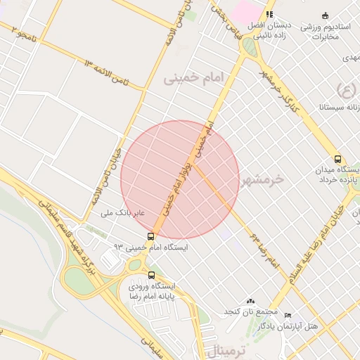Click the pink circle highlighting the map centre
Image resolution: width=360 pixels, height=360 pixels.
(x=180, y=179)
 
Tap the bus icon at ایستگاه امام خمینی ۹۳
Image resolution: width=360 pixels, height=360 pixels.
(x=151, y=236)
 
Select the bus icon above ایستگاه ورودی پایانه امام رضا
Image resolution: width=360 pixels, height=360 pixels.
(x=152, y=275)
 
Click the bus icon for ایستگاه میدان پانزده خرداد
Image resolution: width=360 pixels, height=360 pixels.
(x=338, y=160)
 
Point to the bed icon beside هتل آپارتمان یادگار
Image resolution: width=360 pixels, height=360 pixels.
(x=288, y=316)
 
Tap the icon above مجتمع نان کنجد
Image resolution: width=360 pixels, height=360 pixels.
(x=251, y=301)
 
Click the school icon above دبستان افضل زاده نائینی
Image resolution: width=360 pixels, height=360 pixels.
(x=269, y=14)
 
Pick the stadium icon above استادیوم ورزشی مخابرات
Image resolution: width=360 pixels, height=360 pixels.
(x=324, y=15)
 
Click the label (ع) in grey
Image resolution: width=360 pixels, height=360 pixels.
(x=347, y=89)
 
